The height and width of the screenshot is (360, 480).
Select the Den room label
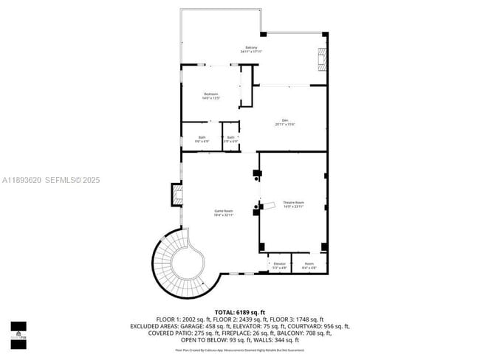point(284,122)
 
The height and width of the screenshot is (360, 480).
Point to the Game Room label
point(224,212)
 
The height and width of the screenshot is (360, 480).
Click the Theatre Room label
point(294,204)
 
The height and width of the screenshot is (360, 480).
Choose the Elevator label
point(279,265)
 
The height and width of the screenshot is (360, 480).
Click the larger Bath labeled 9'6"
point(202,139)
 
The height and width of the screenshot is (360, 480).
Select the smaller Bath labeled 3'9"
point(230,139)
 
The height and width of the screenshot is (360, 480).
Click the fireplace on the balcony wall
point(321,58)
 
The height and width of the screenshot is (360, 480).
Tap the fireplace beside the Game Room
point(177,195)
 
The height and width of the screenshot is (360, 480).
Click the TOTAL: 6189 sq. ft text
point(240,312)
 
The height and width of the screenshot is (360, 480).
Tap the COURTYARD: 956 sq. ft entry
point(321,325)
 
